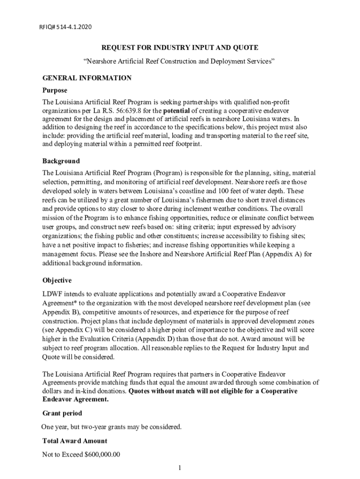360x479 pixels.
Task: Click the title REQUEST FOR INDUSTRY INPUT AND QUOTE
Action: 180,48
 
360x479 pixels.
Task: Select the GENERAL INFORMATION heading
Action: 87,78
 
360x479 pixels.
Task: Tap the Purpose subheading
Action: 55,90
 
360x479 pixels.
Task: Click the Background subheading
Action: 61,161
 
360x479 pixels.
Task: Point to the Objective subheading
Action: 57,280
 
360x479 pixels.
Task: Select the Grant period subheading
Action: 62,413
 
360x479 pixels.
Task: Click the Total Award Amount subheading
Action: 75,441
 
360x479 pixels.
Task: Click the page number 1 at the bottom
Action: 180,468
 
